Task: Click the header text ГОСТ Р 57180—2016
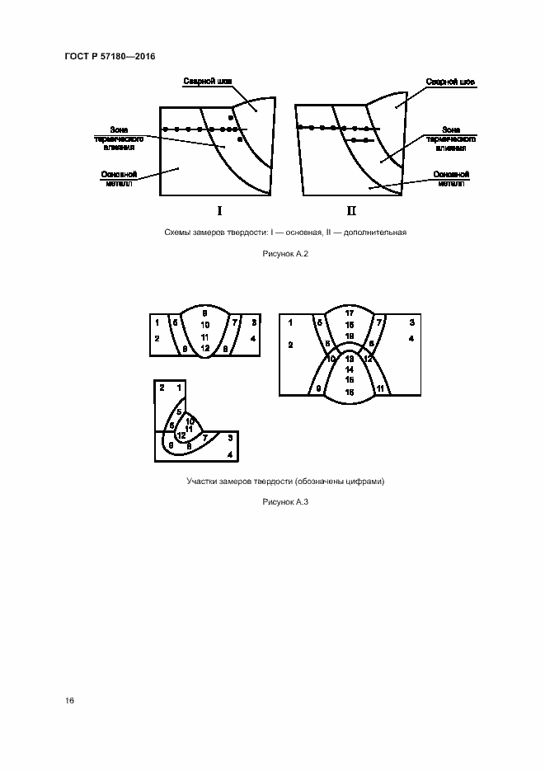(x=110, y=56)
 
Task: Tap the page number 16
(x=70, y=700)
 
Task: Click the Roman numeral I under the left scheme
(x=219, y=209)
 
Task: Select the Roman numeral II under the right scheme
(x=351, y=209)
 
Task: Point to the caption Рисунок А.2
(x=284, y=253)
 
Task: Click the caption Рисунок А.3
(x=284, y=501)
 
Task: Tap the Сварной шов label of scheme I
(x=207, y=82)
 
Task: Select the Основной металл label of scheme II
(x=453, y=179)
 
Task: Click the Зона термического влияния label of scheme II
(x=450, y=139)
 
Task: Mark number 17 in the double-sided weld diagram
(x=349, y=313)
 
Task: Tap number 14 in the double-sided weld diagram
(x=349, y=370)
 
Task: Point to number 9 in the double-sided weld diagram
(x=318, y=388)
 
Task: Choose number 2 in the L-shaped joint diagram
(x=162, y=387)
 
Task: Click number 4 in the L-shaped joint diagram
(x=230, y=454)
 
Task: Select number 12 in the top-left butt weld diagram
(x=204, y=349)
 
